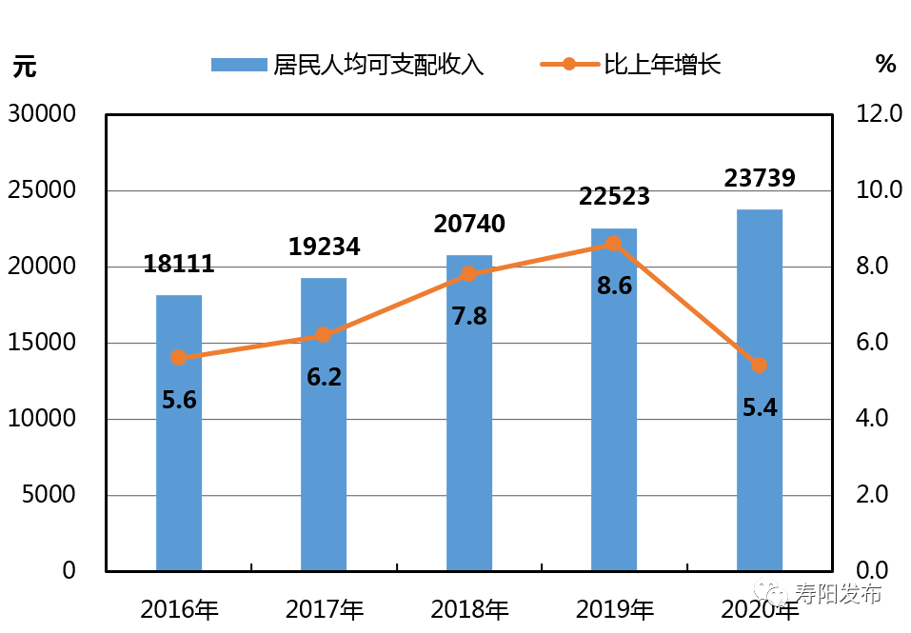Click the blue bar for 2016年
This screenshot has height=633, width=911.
[179, 433]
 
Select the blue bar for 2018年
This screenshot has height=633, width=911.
[469, 413]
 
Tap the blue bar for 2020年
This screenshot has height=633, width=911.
[760, 390]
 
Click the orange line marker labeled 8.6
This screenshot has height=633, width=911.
[614, 244]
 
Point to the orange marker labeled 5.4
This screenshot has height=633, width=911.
[759, 366]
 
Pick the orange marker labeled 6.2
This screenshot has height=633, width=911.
[324, 335]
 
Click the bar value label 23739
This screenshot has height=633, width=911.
[760, 178]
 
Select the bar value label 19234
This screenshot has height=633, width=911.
[324, 247]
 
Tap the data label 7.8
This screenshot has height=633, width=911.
[469, 316]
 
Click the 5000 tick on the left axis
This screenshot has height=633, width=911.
[49, 495]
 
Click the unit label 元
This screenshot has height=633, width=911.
[25, 67]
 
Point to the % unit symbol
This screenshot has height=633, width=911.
[885, 64]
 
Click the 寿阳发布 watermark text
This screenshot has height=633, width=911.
[841, 595]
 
